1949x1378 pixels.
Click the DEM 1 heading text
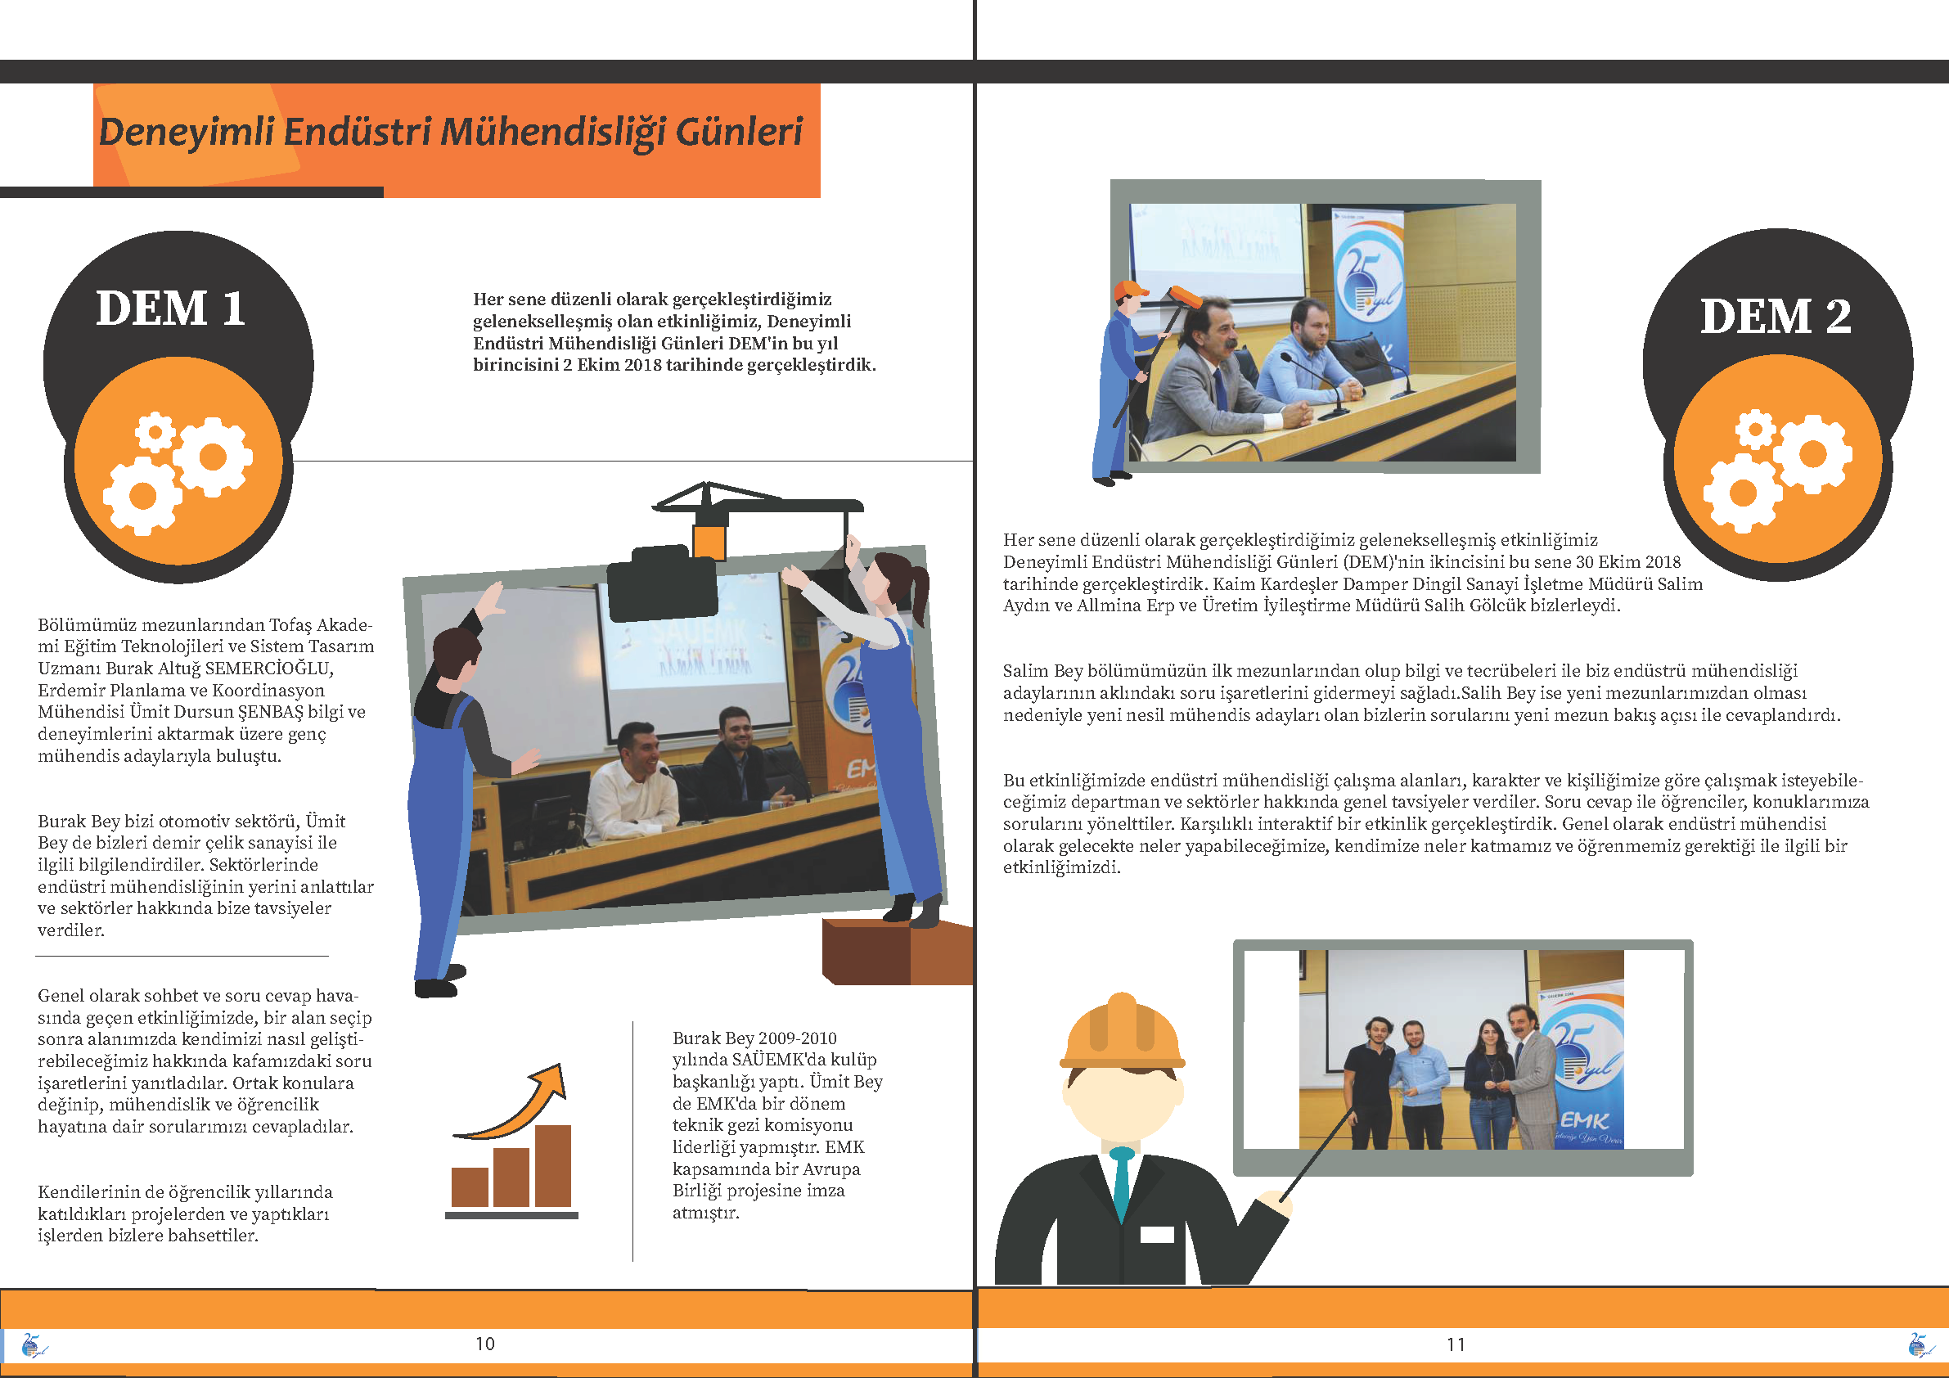pyautogui.click(x=171, y=308)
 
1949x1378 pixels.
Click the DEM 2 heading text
pyautogui.click(x=1775, y=316)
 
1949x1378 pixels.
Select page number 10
pyautogui.click(x=484, y=1343)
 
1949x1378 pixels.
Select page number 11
pyautogui.click(x=1456, y=1344)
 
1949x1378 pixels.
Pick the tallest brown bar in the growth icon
pyautogui.click(x=552, y=1166)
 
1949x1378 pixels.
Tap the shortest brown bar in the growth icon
pyautogui.click(x=470, y=1187)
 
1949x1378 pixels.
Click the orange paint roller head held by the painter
pyautogui.click(x=1185, y=297)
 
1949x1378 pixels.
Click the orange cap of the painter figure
pyautogui.click(x=1130, y=290)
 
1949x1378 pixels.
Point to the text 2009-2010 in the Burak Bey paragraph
pyautogui.click(x=796, y=1038)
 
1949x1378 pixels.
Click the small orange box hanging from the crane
pyautogui.click(x=709, y=542)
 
